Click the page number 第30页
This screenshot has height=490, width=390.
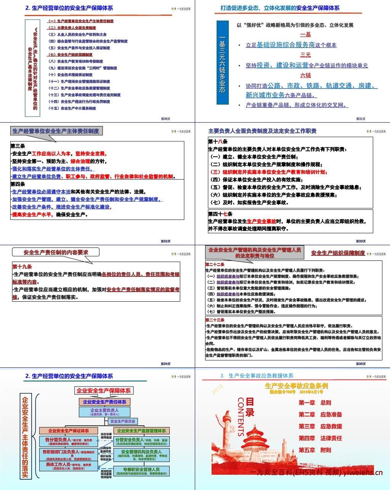[x=165, y=118]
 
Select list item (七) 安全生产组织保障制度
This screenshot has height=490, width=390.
[x=71, y=55]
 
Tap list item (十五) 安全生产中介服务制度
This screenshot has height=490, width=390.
[x=72, y=108]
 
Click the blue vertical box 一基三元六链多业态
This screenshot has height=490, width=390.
[x=222, y=63]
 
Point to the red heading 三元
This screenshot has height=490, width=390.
[x=305, y=55]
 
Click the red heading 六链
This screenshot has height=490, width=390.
[x=305, y=75]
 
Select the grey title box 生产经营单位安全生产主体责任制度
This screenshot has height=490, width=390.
[x=56, y=131]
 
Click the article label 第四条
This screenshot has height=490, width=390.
[x=18, y=184]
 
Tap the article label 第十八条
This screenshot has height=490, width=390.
[x=218, y=141]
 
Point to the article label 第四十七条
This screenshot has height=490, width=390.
[x=220, y=214]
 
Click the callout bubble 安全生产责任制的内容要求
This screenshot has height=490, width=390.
[x=56, y=252]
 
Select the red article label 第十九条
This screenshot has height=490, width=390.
[x=22, y=267]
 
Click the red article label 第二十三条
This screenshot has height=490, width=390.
[x=215, y=320]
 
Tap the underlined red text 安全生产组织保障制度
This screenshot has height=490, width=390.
[x=338, y=253]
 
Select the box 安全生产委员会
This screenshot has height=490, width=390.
[x=123, y=421]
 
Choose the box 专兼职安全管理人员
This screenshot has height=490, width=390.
[x=141, y=471]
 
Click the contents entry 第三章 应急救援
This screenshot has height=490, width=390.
[x=320, y=426]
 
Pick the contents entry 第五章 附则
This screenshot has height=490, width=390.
[x=315, y=450]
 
